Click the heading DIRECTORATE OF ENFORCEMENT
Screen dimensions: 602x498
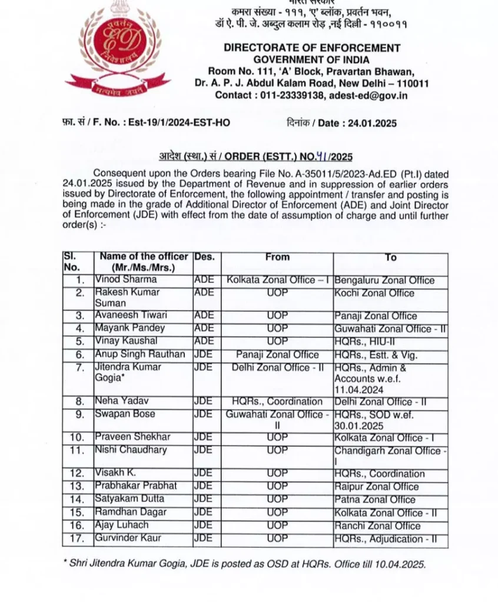point(312,48)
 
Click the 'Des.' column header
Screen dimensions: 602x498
point(204,257)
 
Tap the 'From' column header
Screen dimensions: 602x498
point(277,257)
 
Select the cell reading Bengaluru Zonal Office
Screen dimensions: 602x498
point(384,280)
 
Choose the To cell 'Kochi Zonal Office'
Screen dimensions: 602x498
point(374,293)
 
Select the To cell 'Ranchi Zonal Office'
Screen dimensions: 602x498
point(377,526)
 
